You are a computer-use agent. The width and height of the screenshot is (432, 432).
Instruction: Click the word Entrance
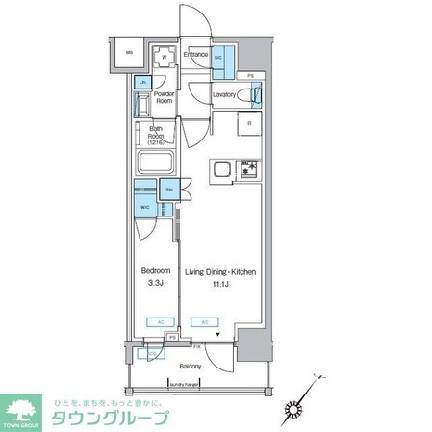click(x=197, y=56)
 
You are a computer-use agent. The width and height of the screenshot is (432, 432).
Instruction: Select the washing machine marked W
click(x=165, y=57)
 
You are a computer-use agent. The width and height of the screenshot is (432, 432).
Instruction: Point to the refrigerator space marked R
click(x=248, y=123)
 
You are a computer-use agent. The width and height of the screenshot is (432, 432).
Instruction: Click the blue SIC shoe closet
click(x=218, y=57)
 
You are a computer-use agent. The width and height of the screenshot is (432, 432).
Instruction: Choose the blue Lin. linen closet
click(x=142, y=83)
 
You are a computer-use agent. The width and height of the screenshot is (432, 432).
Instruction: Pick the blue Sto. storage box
click(x=167, y=191)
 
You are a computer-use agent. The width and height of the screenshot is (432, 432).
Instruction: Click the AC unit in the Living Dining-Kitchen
click(x=203, y=321)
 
